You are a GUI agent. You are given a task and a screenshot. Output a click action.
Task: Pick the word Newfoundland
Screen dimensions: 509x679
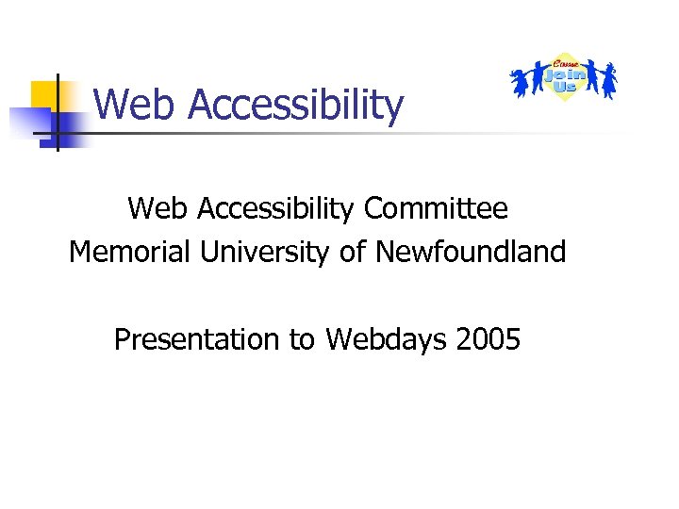click(471, 253)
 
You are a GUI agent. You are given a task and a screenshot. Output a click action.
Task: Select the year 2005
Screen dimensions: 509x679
click(487, 339)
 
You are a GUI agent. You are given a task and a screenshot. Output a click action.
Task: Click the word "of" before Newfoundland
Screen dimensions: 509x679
click(354, 253)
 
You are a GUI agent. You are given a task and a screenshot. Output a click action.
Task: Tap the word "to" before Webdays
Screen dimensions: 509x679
click(302, 340)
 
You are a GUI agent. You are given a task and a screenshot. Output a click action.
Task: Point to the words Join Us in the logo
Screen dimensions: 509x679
click(564, 74)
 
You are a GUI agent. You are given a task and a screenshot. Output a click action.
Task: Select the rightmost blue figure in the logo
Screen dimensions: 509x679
click(609, 80)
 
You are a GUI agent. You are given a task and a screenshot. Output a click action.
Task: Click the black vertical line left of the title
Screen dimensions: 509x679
click(57, 113)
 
